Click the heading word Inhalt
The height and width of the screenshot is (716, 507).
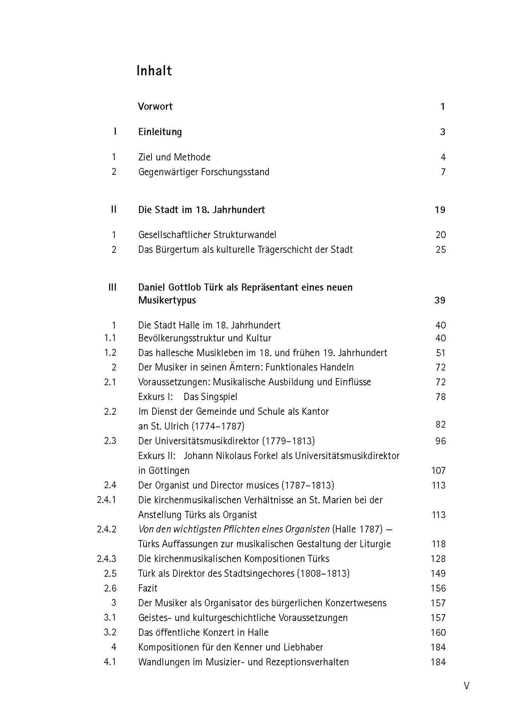click(154, 71)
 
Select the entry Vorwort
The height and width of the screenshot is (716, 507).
click(155, 106)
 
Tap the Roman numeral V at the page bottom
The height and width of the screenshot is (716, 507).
click(466, 685)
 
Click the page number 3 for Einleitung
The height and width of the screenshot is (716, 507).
click(443, 132)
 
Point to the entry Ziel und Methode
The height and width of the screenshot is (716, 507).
click(174, 157)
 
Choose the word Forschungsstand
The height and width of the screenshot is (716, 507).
click(235, 172)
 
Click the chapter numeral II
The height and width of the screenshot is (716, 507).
click(114, 209)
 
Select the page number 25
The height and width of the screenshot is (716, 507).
click(441, 250)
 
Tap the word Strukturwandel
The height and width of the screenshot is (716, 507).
click(245, 235)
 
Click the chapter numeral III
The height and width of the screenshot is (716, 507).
click(112, 287)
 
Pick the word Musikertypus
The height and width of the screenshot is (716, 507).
click(167, 300)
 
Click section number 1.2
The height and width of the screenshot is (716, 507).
click(110, 353)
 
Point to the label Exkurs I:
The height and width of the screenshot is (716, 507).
click(156, 397)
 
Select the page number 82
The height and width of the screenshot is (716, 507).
click(441, 425)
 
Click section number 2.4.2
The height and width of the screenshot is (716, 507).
click(106, 529)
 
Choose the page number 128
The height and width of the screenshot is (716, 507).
click(438, 559)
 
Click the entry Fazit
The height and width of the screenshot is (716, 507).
click(148, 588)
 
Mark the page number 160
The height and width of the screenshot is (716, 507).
click(438, 633)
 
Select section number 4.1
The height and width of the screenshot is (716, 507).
click(110, 662)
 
